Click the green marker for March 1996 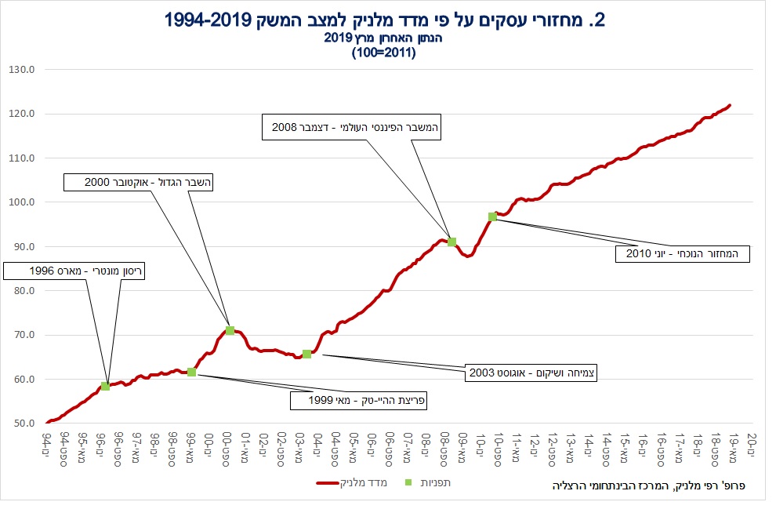[x=105, y=386]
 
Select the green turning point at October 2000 [x=230, y=330]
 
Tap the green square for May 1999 [x=191, y=372]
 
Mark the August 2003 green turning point [x=306, y=354]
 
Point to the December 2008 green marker [x=451, y=242]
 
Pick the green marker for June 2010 [x=492, y=216]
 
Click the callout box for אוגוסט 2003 [x=531, y=373]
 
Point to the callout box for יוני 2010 [x=682, y=253]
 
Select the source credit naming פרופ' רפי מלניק [x=649, y=486]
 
